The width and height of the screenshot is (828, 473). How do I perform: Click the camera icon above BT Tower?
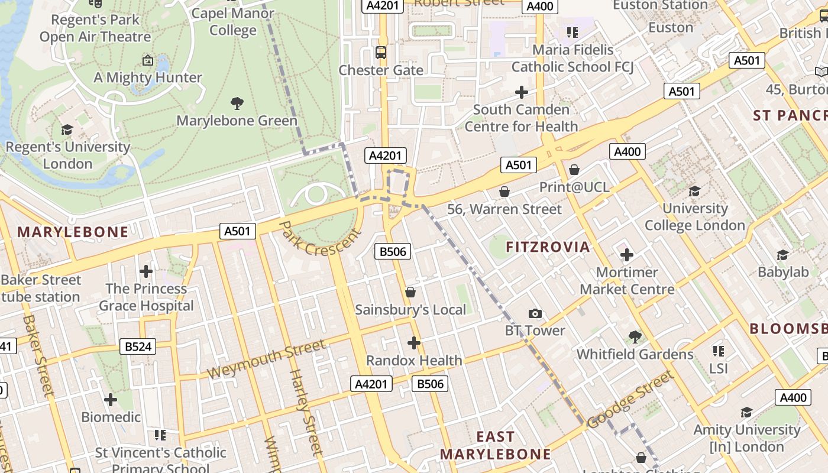pos(535,314)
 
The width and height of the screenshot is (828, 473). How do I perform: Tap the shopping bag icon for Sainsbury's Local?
pos(410,293)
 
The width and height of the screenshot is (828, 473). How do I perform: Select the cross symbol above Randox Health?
pos(414,343)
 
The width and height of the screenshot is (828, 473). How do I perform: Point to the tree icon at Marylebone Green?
pos(237,103)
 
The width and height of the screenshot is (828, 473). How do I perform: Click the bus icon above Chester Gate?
pos(381,53)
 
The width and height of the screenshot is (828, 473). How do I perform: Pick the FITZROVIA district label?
pos(548,247)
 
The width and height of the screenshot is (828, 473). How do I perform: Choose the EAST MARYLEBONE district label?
pos(496,445)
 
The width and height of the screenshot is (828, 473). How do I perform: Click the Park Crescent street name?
pos(319,239)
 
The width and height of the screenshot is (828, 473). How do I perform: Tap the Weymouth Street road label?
pos(266,359)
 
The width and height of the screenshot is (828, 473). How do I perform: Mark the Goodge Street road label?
pos(630,399)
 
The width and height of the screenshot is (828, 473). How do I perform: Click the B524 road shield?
pos(138,346)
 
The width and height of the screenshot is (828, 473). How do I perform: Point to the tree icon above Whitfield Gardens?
pos(635,337)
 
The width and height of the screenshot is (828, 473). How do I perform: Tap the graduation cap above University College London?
pos(695,191)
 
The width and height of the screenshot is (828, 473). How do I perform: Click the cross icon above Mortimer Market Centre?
pos(627,255)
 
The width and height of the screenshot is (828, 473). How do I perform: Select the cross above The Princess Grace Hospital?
pos(146,271)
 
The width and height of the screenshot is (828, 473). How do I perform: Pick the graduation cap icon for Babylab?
pos(783,255)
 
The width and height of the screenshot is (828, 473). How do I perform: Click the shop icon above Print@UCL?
pos(574,170)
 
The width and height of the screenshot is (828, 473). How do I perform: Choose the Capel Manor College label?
pos(233,21)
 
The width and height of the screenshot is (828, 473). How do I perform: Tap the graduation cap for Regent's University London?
pos(67,129)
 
